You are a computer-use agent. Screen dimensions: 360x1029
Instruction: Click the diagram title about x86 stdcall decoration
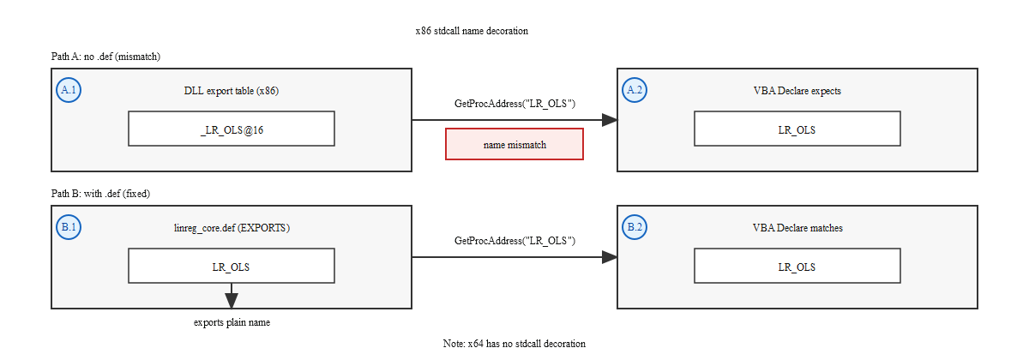pyautogui.click(x=471, y=31)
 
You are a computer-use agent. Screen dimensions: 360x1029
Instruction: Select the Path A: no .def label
pyautogui.click(x=106, y=57)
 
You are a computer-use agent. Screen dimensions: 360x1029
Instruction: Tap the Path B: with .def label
pyautogui.click(x=100, y=194)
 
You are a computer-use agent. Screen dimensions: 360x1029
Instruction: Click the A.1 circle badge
pyautogui.click(x=69, y=90)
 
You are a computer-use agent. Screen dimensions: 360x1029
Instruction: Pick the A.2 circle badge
pyautogui.click(x=635, y=90)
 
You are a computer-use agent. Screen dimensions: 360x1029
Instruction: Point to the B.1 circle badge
pyautogui.click(x=69, y=227)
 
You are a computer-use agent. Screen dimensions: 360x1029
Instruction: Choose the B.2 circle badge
pyautogui.click(x=635, y=227)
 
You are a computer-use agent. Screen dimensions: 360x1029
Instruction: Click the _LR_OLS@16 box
pyautogui.click(x=231, y=129)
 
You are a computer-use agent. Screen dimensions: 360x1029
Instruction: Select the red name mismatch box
pyautogui.click(x=514, y=144)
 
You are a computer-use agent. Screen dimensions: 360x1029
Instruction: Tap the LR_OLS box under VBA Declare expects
pyautogui.click(x=797, y=129)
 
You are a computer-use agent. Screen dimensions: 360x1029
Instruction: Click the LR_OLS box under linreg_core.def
pyautogui.click(x=231, y=266)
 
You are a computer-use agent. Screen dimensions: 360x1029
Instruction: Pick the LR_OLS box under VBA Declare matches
pyautogui.click(x=797, y=266)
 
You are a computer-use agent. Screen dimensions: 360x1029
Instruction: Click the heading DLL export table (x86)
pyautogui.click(x=231, y=91)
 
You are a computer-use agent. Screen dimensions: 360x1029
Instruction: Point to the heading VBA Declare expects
pyautogui.click(x=797, y=91)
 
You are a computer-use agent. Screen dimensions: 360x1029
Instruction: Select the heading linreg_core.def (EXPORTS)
pyautogui.click(x=231, y=228)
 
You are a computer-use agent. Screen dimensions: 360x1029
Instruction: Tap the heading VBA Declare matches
pyautogui.click(x=797, y=228)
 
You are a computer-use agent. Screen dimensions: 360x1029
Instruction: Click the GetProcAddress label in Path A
pyautogui.click(x=514, y=104)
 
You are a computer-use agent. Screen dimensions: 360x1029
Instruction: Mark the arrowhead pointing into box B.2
pyautogui.click(x=610, y=257)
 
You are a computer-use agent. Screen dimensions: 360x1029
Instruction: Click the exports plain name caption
pyautogui.click(x=232, y=322)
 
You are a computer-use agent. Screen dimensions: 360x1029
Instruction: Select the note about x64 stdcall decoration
pyautogui.click(x=514, y=343)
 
